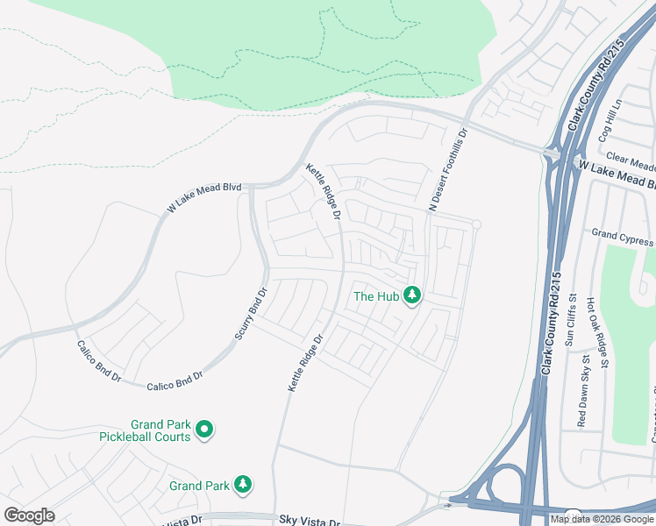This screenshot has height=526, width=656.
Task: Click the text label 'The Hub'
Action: (376, 296)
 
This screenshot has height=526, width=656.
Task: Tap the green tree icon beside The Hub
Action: (412, 296)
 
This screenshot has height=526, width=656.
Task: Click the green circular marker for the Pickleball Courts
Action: (204, 430)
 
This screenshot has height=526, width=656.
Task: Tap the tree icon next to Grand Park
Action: (243, 485)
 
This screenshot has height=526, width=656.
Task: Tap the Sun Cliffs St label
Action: (570, 322)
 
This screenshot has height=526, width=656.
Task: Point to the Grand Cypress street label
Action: (622, 237)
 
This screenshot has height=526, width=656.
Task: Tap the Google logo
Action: (29, 515)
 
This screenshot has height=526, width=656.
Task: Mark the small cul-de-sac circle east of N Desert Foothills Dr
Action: (476, 224)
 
